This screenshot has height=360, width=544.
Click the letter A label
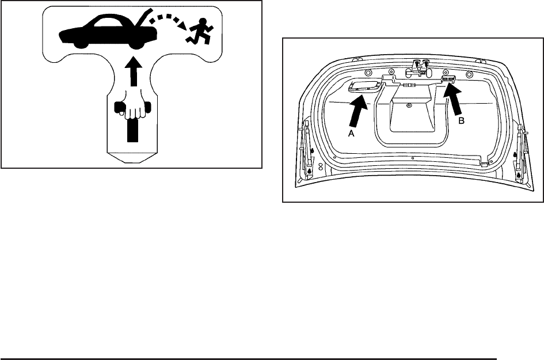(x=351, y=132)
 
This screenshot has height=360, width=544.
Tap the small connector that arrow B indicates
(x=449, y=78)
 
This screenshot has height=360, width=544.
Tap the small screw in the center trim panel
(x=408, y=105)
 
